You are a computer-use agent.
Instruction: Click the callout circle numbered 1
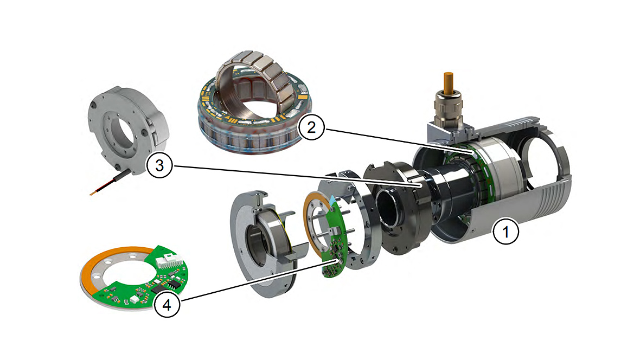point(506,233)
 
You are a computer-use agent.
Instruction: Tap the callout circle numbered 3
point(159,166)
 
